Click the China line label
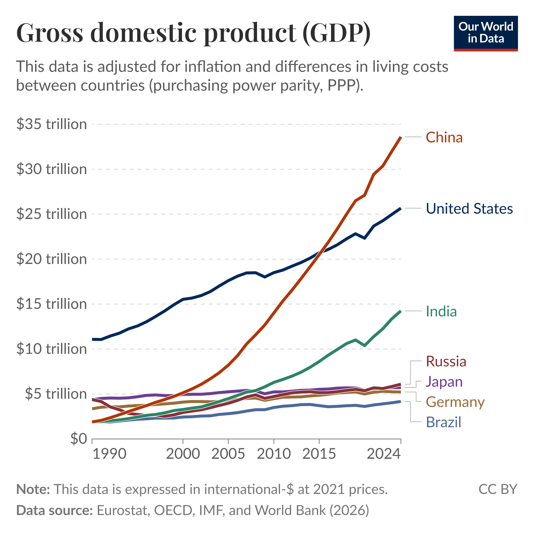(444, 137)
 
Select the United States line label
(469, 208)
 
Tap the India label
(441, 311)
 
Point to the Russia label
(446, 361)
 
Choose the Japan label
(444, 382)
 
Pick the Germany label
(455, 402)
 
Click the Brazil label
(443, 422)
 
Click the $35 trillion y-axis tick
(51, 124)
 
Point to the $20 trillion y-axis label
(51, 259)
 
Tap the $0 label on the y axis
(79, 439)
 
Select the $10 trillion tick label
(51, 349)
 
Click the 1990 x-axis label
(109, 454)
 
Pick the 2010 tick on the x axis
(274, 454)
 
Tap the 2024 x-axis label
(384, 454)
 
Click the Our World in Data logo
(486, 33)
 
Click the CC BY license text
(497, 489)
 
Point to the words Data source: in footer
(54, 510)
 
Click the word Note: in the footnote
(33, 489)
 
